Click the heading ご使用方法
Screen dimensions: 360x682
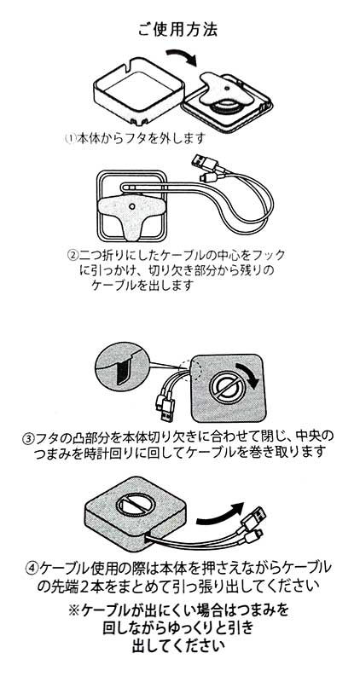pos(177,30)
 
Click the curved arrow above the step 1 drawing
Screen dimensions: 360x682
pos(181,56)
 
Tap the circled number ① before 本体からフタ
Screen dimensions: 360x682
pos(69,139)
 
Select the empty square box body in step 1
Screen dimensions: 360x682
pos(138,95)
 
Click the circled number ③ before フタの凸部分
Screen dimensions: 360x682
pos(28,437)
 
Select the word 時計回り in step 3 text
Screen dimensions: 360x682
pos(135,452)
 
